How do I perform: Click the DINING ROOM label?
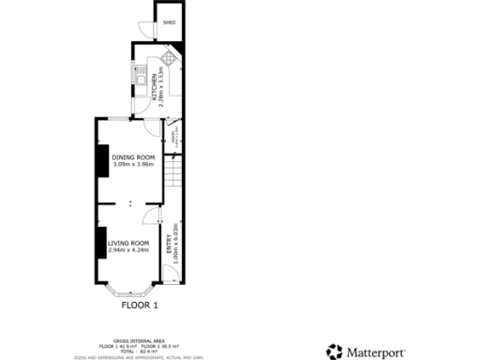click(x=132, y=157)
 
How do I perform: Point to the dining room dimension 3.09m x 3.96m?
click(x=132, y=164)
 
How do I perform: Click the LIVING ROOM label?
click(x=127, y=243)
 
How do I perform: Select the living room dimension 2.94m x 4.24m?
click(x=127, y=250)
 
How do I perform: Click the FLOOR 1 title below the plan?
click(x=141, y=305)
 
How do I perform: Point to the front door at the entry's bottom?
click(x=170, y=275)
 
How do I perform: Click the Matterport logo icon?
click(x=335, y=352)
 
